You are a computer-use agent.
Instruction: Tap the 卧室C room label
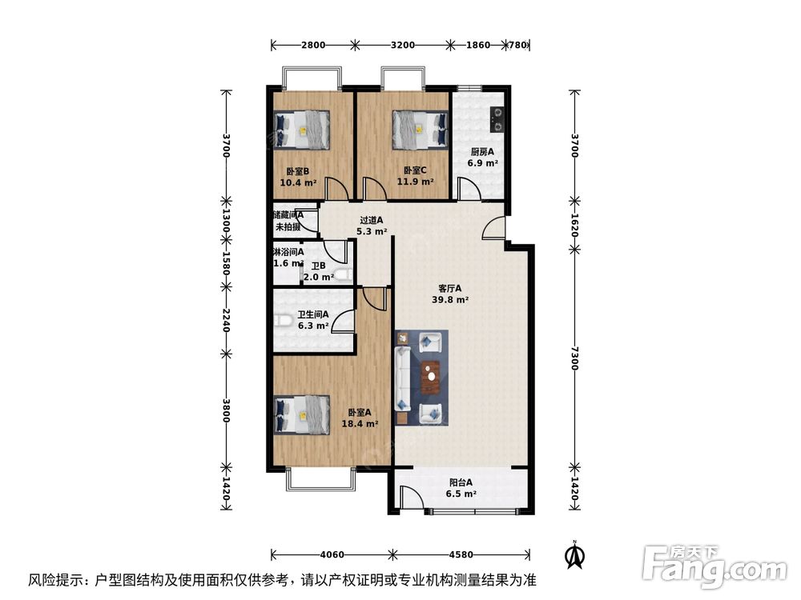click(415, 170)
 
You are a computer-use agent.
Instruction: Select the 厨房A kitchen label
click(482, 152)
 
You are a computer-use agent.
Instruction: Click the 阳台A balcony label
click(461, 482)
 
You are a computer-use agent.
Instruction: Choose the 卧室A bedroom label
click(357, 413)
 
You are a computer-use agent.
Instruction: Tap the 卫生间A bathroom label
click(312, 315)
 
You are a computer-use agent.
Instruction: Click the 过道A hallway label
click(371, 220)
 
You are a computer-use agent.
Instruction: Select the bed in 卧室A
click(302, 414)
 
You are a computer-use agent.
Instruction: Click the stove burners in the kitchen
click(497, 119)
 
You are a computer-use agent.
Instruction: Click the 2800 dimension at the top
click(313, 45)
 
